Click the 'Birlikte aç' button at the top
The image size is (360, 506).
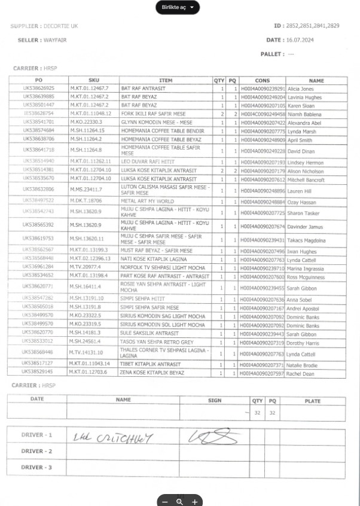[x=177, y=7]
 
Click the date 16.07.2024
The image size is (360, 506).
[x=301, y=40]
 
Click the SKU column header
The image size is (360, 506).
[x=94, y=80]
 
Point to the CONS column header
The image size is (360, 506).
[x=262, y=80]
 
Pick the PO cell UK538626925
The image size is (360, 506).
[x=39, y=89]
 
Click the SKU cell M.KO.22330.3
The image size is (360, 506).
[x=87, y=121]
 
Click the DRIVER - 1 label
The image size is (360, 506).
[x=36, y=435]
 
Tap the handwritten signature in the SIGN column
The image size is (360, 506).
[x=209, y=438]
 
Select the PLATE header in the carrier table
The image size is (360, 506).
[x=312, y=400]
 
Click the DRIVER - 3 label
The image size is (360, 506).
[x=36, y=467]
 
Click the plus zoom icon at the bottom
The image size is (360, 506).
[x=194, y=501]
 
